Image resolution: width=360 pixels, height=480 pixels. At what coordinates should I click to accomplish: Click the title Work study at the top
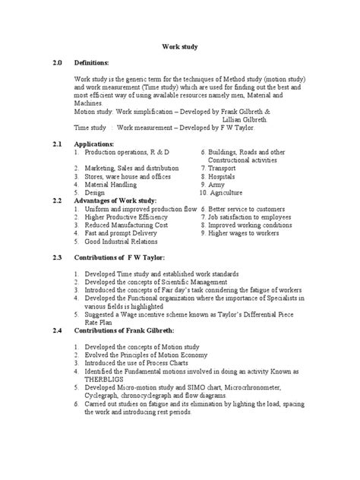coord(180,46)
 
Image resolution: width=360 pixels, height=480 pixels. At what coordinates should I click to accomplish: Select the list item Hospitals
coord(226,175)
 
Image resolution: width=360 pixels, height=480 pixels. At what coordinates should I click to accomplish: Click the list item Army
coord(218,185)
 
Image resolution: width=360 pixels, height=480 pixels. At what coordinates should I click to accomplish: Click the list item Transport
coord(226,166)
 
